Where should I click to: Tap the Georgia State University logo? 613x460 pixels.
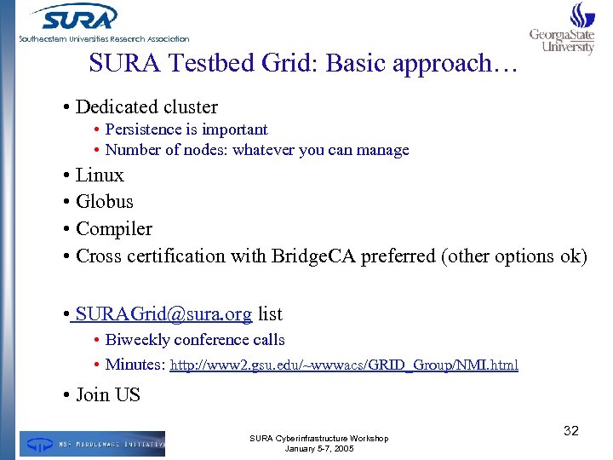point(563,30)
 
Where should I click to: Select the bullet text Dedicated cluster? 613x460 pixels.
point(146,107)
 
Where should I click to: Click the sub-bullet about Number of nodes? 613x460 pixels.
point(256,150)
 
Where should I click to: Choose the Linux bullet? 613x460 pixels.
point(100,175)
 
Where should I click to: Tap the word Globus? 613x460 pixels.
point(105,202)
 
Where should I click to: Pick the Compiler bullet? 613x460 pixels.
point(114,229)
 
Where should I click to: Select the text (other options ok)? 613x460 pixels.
point(514,256)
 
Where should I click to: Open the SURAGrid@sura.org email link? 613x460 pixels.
point(163,314)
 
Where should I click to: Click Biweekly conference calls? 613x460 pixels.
point(195,340)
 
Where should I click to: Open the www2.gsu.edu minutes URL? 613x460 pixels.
point(344,365)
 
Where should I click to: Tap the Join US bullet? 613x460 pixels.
point(107,395)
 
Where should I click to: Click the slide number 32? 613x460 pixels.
point(571,431)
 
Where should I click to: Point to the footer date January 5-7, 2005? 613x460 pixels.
point(318,448)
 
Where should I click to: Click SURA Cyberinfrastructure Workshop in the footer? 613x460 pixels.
point(318,438)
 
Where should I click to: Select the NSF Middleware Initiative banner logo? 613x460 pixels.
point(93,444)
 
